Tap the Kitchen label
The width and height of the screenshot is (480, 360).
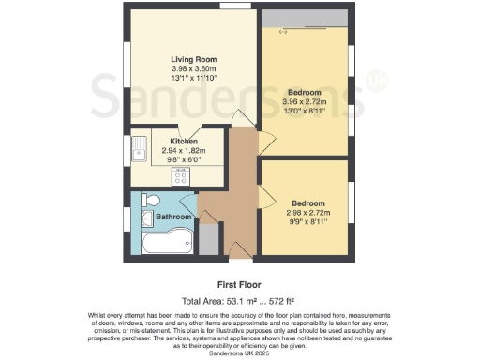184,141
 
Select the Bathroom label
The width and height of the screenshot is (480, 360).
173,217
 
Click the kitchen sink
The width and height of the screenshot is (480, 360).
139,147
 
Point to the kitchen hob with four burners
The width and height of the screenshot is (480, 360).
182,175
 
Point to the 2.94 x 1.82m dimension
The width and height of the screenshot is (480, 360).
184,150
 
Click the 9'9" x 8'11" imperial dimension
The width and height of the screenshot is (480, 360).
307,222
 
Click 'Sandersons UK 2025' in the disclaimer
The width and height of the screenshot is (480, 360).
240,350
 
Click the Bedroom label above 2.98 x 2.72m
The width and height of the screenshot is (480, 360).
308,203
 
